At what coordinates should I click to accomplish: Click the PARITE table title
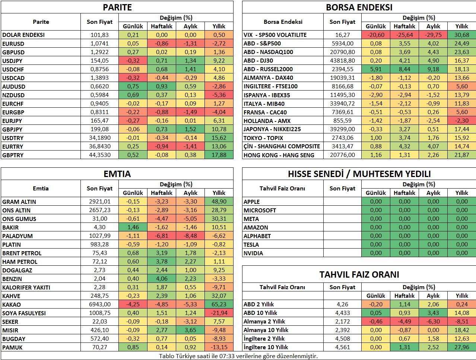[117, 7]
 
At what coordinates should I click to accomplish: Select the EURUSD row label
[13, 44]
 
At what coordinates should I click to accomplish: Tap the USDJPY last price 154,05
[99, 60]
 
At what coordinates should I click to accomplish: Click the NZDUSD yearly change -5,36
[219, 95]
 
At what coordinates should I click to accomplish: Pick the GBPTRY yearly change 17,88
[219, 155]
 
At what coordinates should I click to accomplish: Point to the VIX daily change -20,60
[375, 35]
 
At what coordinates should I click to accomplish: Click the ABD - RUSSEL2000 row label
[268, 69]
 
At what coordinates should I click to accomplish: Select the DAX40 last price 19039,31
[342, 78]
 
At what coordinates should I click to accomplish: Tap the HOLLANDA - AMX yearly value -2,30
[462, 121]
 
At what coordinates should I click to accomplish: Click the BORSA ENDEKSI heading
[359, 7]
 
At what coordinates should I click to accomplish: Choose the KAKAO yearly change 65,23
[219, 304]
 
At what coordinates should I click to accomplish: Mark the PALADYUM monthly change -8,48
[190, 236]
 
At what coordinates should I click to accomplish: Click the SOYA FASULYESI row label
[24, 313]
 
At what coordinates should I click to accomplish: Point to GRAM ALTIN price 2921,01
[99, 201]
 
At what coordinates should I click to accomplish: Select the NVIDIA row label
[253, 253]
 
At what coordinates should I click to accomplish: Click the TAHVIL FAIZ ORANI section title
[359, 275]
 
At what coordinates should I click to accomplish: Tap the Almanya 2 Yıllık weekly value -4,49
[404, 321]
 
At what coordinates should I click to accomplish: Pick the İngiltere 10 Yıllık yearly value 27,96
[462, 347]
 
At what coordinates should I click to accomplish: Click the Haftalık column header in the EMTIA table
[162, 193]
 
